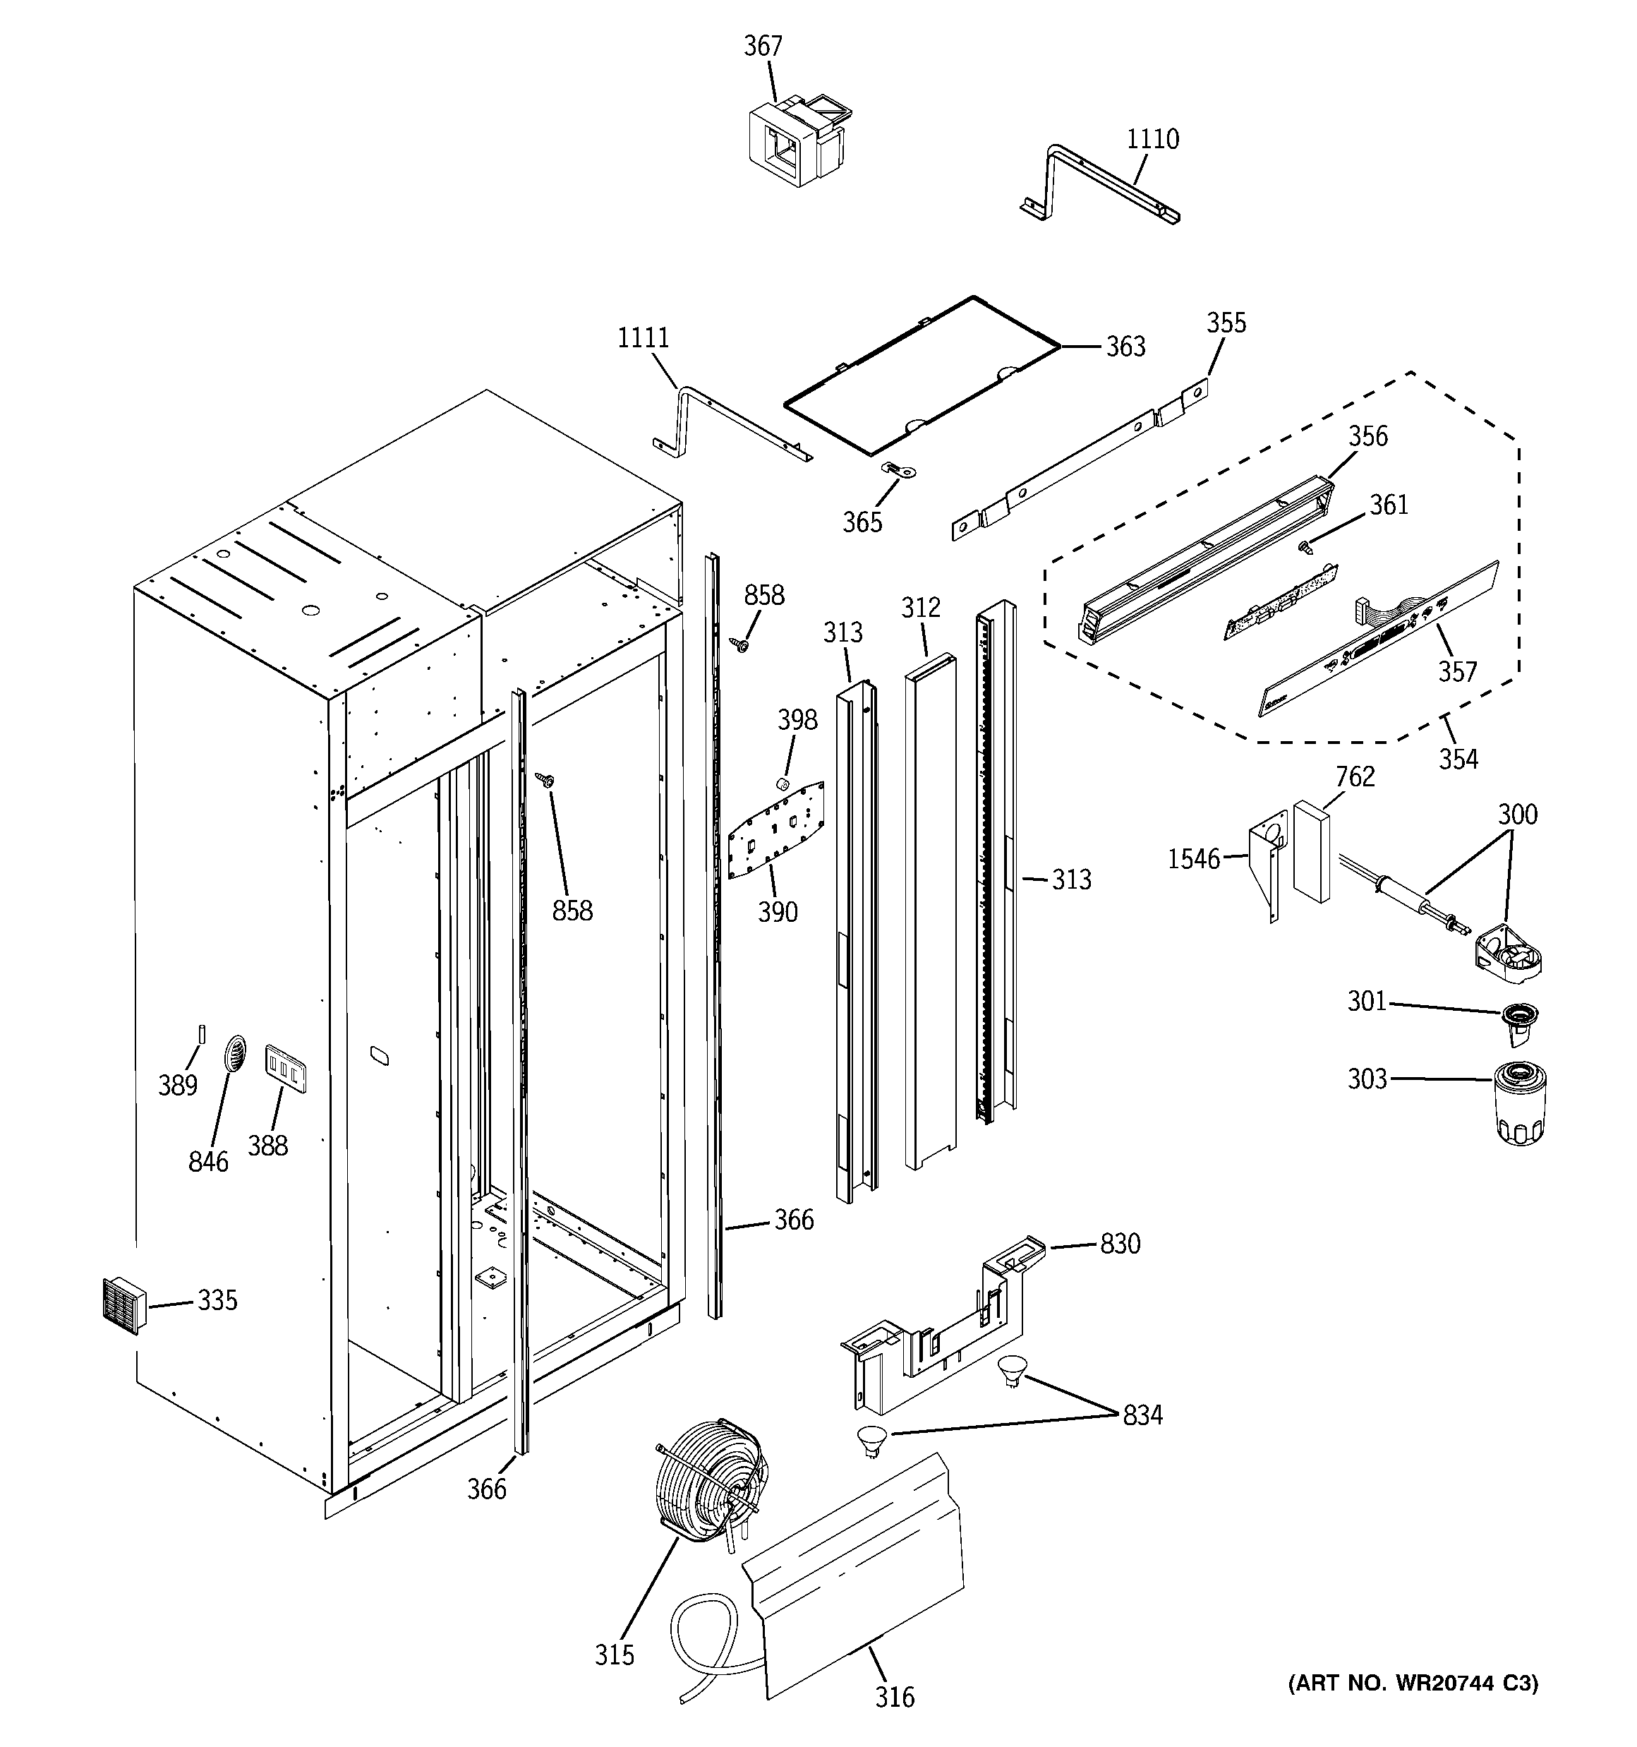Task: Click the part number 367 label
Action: pos(763,46)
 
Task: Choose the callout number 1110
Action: pos(1153,139)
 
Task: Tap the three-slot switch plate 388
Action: pos(286,1069)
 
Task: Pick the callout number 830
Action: pos(1120,1244)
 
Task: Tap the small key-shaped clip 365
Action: pos(899,471)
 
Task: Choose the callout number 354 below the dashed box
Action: pos(1458,758)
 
